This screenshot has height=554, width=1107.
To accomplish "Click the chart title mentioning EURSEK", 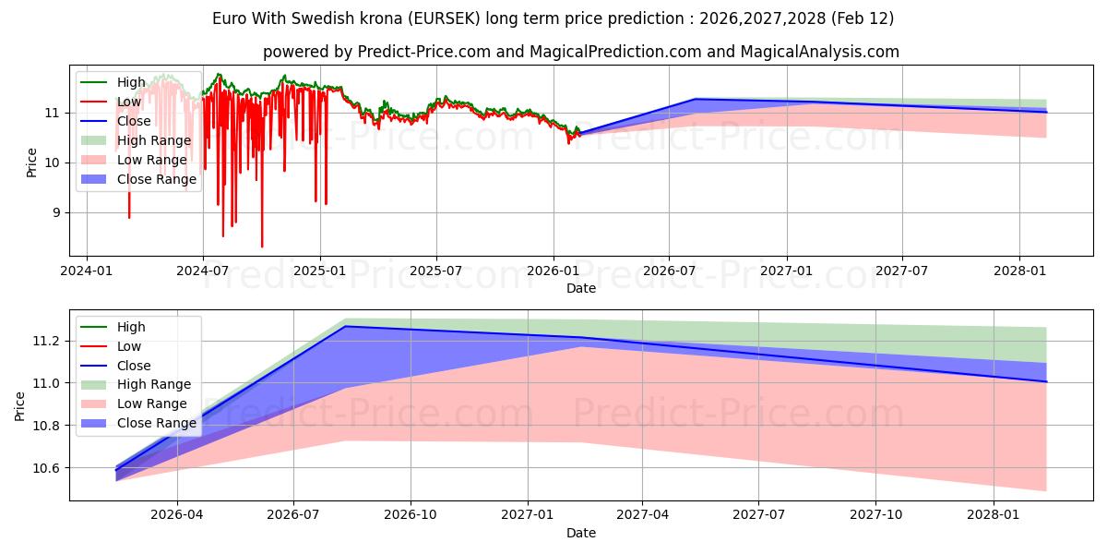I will [x=553, y=18].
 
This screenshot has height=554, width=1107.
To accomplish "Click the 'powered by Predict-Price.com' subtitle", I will [x=580, y=52].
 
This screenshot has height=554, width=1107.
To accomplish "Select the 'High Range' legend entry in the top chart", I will [x=153, y=140].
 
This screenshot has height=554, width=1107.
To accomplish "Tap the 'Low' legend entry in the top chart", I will [x=129, y=102].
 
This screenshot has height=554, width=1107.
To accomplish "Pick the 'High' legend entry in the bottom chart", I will [x=130, y=327].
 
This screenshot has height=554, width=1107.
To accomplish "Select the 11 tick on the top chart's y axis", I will [x=53, y=113].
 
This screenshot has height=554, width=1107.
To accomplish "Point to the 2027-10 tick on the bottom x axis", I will [x=876, y=515].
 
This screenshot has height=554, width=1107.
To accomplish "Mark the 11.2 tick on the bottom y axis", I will [x=47, y=341].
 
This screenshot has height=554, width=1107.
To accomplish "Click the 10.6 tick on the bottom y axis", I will [x=47, y=468].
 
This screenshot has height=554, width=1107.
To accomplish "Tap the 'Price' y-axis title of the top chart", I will [x=32, y=163].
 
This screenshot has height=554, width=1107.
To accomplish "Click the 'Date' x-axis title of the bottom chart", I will [x=580, y=533].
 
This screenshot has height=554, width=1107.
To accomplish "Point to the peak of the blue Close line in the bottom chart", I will [x=344, y=326].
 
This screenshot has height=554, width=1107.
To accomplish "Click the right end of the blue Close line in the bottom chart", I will [x=1046, y=381].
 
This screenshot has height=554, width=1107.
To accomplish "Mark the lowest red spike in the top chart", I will [x=262, y=247].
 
